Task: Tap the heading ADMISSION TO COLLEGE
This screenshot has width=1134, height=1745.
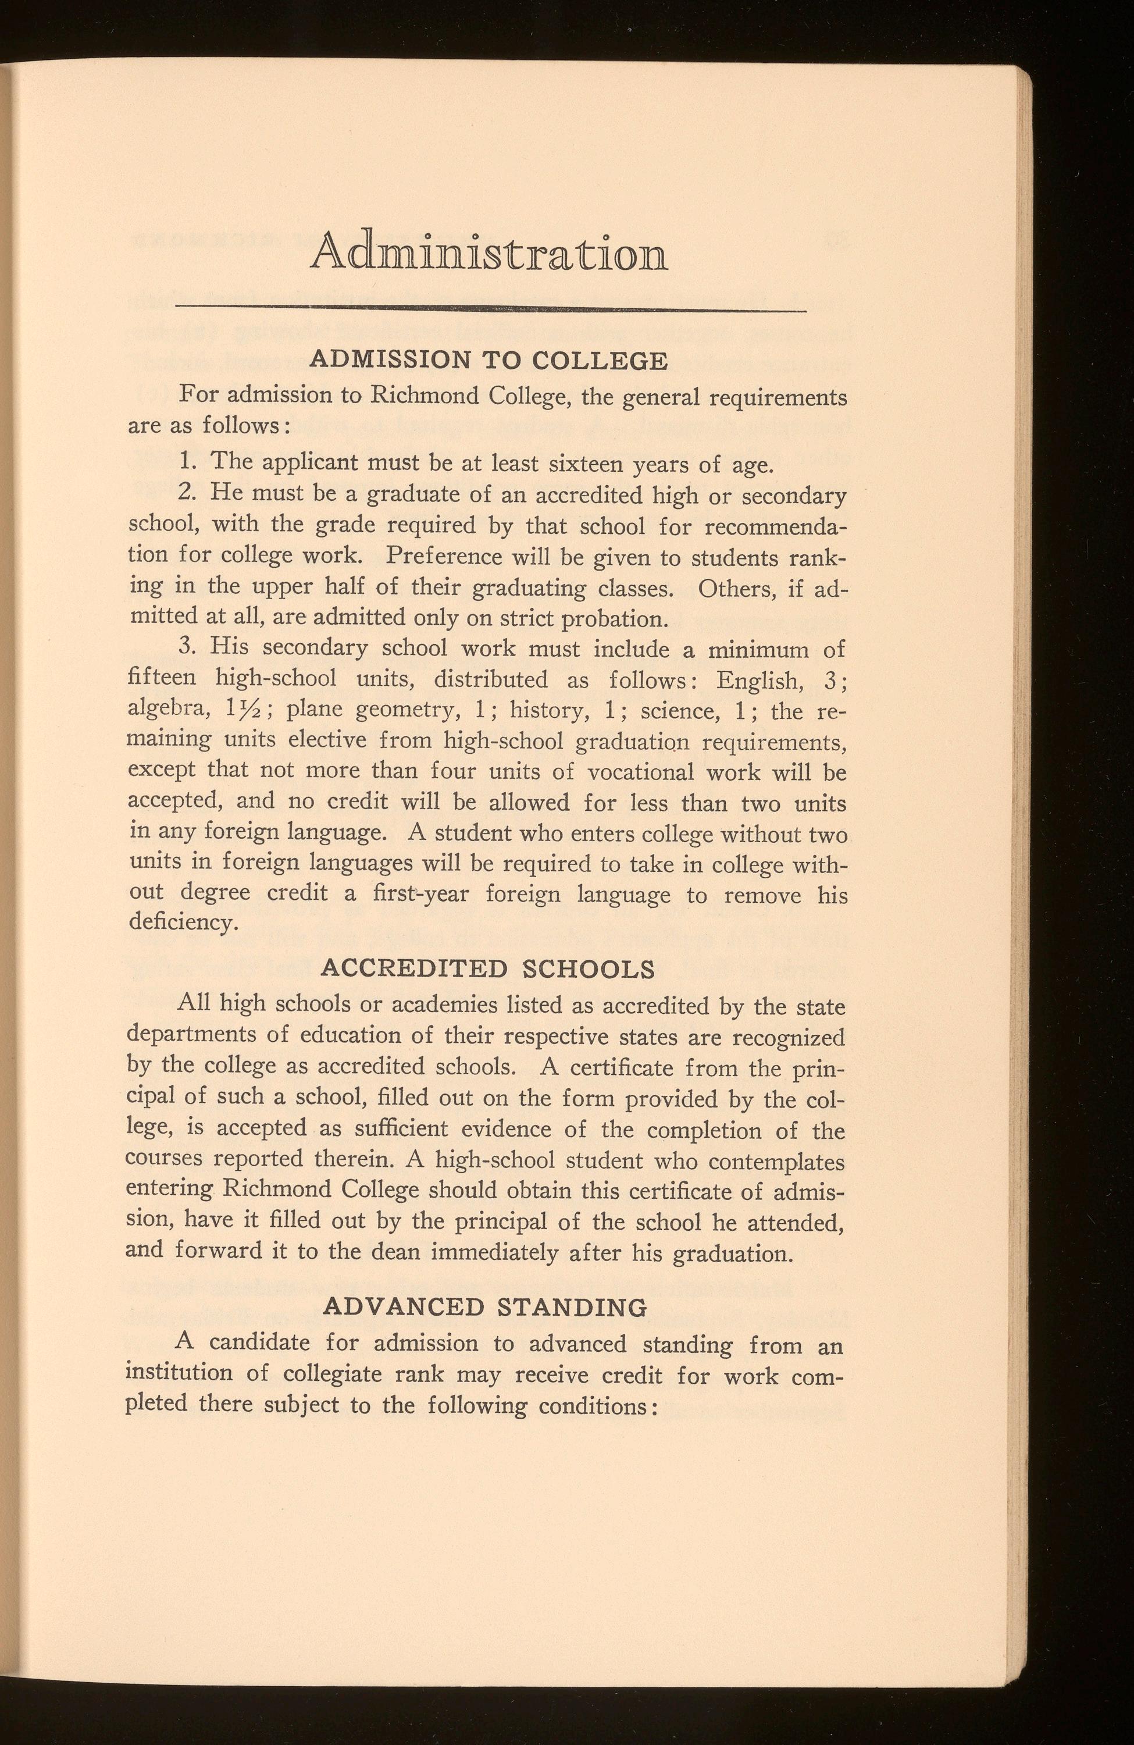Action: click(489, 360)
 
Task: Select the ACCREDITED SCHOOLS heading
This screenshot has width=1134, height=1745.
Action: click(487, 968)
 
